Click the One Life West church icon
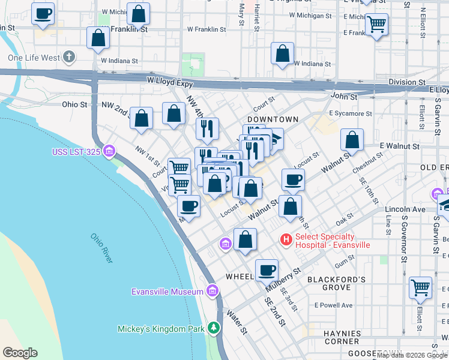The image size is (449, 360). [x=69, y=58]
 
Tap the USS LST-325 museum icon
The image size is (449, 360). [x=109, y=150]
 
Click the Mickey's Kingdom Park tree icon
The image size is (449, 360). [x=213, y=328]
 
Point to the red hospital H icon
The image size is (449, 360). [x=286, y=240]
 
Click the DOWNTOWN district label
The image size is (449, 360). [x=273, y=120]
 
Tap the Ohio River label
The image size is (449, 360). [x=101, y=248]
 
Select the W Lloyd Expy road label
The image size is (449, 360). [x=170, y=80]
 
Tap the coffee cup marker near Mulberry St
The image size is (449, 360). [x=267, y=269]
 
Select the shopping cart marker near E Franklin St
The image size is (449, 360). [x=376, y=24]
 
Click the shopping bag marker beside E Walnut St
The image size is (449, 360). [x=352, y=140]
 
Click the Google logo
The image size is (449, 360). [x=20, y=353]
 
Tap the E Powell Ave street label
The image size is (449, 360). [x=334, y=305]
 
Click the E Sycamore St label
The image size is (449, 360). [x=350, y=113]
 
